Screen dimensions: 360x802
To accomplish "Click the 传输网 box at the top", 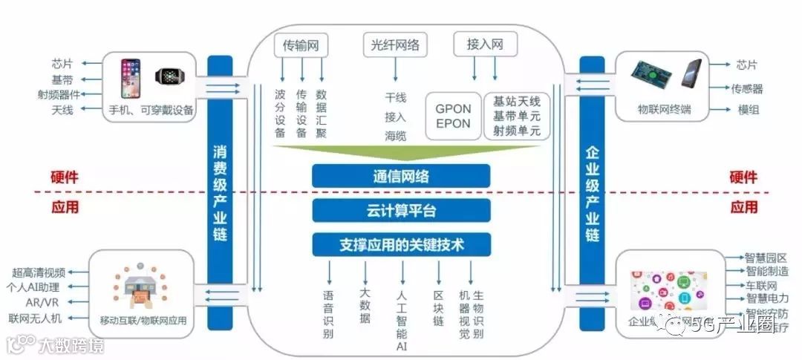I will click(301, 45).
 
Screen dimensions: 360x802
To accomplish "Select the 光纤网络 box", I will click(395, 45).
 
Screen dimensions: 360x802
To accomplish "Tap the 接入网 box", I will click(485, 45).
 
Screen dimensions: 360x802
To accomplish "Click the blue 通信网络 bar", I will click(401, 176).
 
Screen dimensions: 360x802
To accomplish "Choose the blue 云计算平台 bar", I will click(401, 210).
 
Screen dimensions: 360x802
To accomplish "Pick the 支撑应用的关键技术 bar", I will click(401, 244).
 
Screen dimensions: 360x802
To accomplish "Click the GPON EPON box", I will click(453, 117).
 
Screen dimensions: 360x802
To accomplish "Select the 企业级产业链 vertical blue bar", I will click(592, 193).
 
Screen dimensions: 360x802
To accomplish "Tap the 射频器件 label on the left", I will click(59, 94).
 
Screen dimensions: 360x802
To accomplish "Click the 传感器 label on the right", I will click(747, 89).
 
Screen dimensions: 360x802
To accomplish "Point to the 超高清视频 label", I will click(39, 272).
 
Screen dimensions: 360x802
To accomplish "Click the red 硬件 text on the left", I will click(65, 178).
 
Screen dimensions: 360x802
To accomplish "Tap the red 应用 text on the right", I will click(743, 207).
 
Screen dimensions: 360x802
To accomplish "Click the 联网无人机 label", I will click(36, 318).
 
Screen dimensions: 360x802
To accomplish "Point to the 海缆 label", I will click(395, 135).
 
